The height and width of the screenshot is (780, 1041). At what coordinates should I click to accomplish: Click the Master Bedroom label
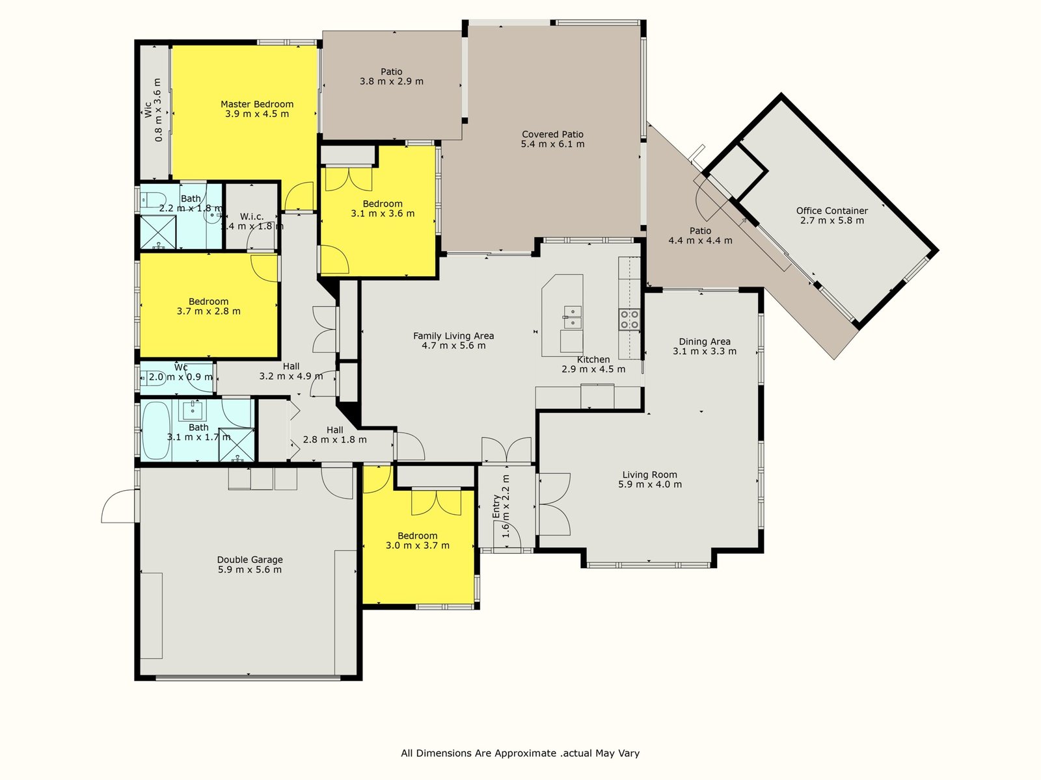point(257,104)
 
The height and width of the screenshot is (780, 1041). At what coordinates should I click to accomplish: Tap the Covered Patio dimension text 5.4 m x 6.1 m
point(552,144)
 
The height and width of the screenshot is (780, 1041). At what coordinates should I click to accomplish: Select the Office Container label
point(832,211)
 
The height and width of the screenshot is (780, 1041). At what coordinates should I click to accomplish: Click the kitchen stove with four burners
point(629,319)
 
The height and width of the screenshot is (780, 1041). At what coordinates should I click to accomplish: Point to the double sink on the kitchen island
point(573,317)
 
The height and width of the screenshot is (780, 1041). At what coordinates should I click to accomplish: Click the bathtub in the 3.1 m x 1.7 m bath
point(156,431)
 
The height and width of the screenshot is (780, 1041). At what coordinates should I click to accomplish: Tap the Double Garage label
point(250,559)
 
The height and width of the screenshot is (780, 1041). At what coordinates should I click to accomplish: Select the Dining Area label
point(704,341)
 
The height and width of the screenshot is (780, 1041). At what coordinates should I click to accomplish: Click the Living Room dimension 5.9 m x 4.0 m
point(650,484)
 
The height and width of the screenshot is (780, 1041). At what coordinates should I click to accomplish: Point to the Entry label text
point(496,507)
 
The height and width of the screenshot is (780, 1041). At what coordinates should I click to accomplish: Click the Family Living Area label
point(453,336)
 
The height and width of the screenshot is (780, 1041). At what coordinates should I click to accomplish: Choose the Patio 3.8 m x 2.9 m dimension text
point(391,81)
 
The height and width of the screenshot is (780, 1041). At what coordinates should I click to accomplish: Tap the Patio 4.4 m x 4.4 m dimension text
point(701,240)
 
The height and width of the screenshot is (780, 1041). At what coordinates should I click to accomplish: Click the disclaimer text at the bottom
point(520,753)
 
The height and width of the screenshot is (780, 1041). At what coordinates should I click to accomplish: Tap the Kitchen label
point(593,359)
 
